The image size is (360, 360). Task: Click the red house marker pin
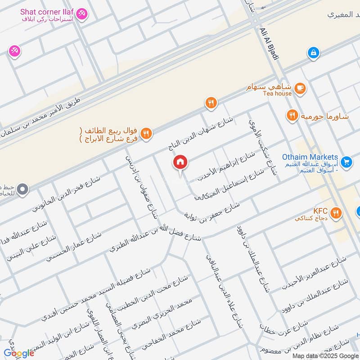pos(180,163)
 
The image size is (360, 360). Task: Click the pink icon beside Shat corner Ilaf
pos(82,14)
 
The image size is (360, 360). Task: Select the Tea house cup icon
pos(301,88)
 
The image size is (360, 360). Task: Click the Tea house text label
pos(277,94)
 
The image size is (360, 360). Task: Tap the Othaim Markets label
pos(310,157)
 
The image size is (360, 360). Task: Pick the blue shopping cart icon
pos(346,162)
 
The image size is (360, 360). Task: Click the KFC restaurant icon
pos(336,213)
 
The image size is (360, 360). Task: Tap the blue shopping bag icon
pos(313,53)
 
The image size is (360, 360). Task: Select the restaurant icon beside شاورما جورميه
pos(292,116)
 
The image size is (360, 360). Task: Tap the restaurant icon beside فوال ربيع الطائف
pos(146,133)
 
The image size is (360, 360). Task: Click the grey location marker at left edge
pos(22,190)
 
